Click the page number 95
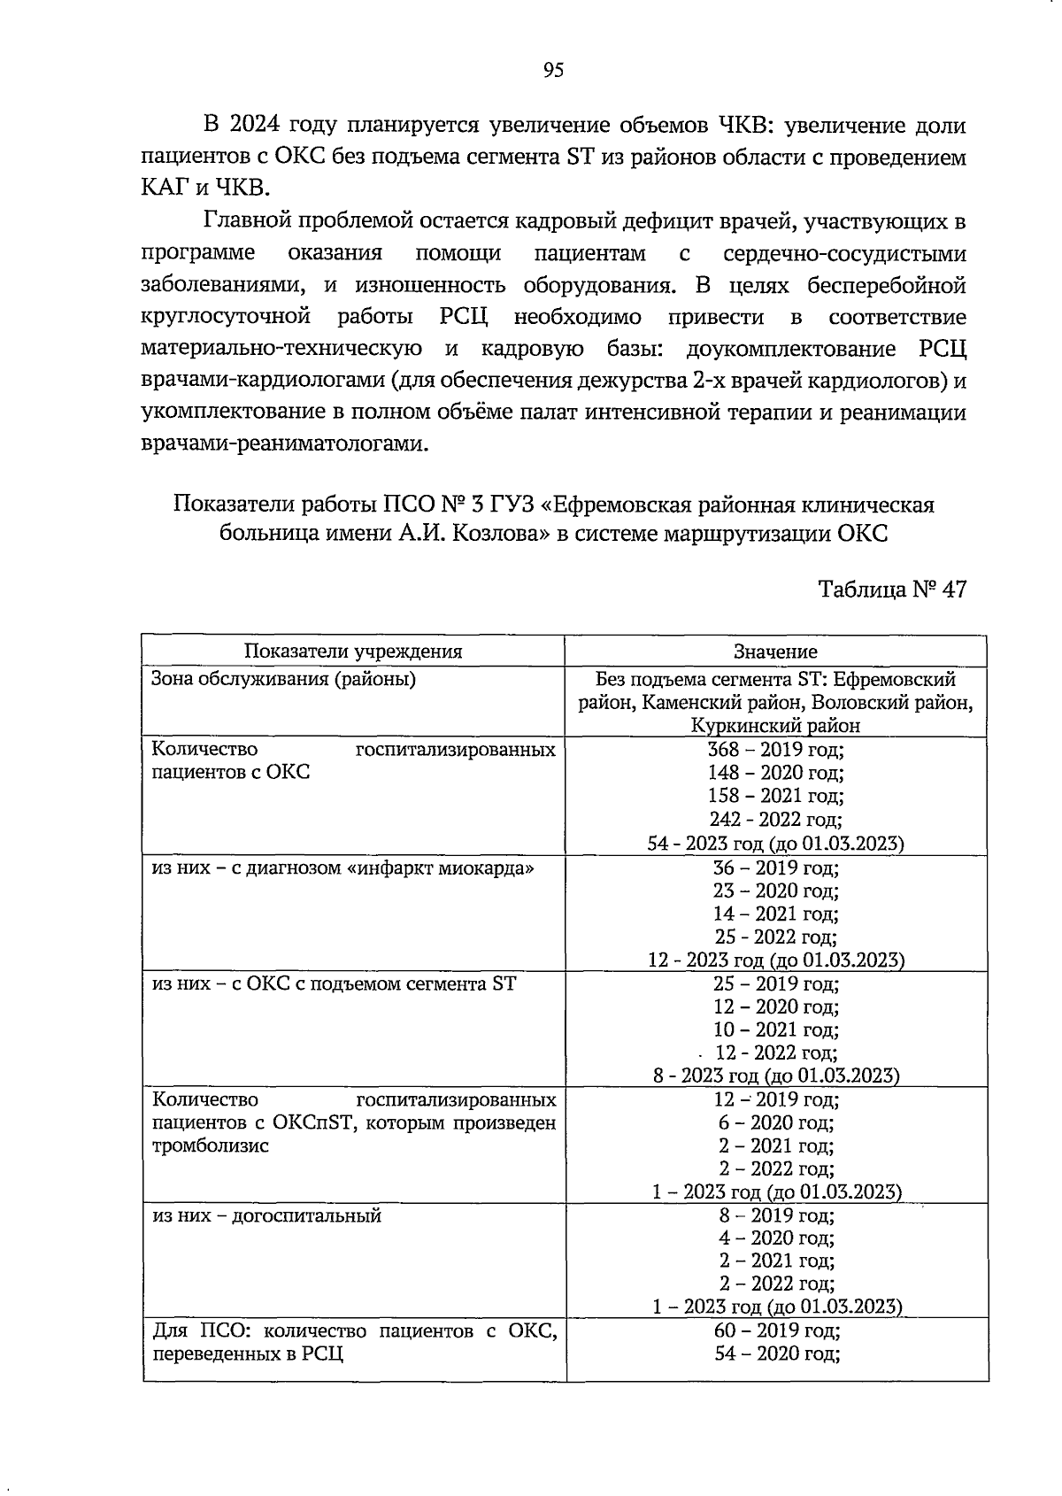click(553, 72)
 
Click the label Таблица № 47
click(891, 590)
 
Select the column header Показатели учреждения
click(353, 652)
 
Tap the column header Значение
click(775, 652)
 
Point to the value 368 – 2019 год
click(775, 750)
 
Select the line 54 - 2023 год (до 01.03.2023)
click(775, 844)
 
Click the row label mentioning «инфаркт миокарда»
click(343, 868)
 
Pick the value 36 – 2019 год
click(775, 868)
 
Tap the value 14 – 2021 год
click(775, 914)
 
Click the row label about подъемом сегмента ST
click(334, 983)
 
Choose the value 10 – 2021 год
click(775, 1029)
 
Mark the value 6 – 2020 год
click(775, 1122)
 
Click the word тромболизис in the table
click(211, 1145)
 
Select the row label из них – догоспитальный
click(266, 1215)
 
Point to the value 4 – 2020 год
click(775, 1238)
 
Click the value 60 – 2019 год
click(775, 1330)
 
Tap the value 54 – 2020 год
click(775, 1353)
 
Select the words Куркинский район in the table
click(775, 726)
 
